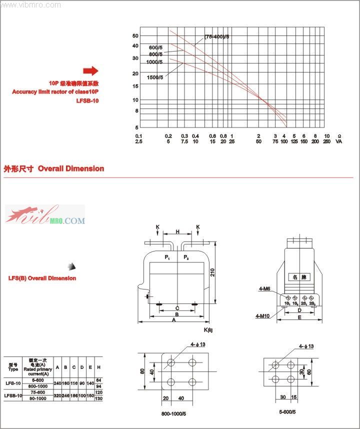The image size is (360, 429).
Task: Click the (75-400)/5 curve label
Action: pyautogui.click(x=216, y=37)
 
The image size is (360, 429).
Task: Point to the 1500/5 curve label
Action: pyautogui.click(x=155, y=77)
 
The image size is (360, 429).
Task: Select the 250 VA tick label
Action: pyautogui.click(x=326, y=141)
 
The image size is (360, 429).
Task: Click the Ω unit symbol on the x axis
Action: pyautogui.click(x=340, y=136)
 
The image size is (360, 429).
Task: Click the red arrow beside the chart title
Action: pyautogui.click(x=91, y=70)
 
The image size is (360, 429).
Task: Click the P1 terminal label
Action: pyautogui.click(x=167, y=257)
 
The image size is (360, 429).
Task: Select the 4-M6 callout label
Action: pyautogui.click(x=264, y=288)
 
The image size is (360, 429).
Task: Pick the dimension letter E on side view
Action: pyautogui.click(x=299, y=317)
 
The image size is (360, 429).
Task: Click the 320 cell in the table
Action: pyautogui.click(x=57, y=395)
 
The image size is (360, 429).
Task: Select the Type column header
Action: pyautogui.click(x=13, y=367)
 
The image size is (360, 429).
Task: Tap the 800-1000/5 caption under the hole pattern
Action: pyautogui.click(x=174, y=413)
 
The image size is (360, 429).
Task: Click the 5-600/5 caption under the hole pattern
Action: pyautogui.click(x=287, y=411)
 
